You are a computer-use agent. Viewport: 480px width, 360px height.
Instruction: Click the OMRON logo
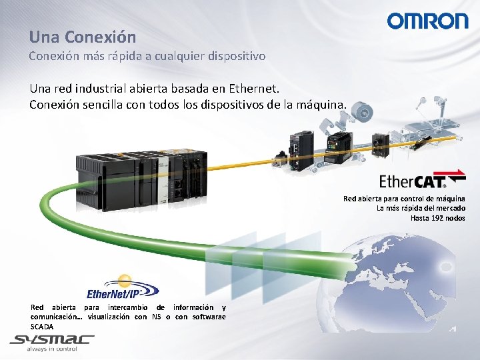[x=427, y=21]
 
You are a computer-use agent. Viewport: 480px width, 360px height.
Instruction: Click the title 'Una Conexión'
[x=82, y=37]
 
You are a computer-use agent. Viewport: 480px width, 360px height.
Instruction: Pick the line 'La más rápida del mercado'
[x=421, y=208]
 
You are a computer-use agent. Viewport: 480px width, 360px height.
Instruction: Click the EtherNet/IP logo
[x=122, y=289]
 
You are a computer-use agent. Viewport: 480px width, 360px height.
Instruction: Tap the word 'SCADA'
[x=42, y=326]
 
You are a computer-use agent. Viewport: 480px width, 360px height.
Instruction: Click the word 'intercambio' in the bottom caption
[x=126, y=307]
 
